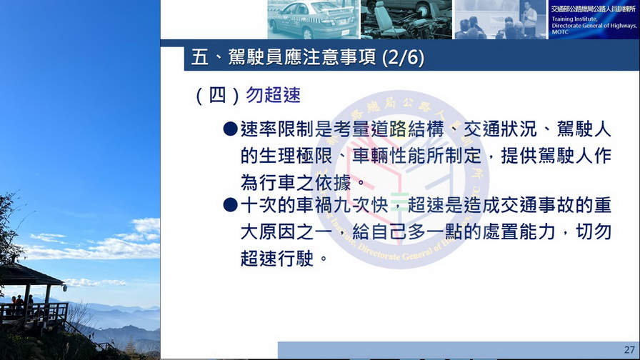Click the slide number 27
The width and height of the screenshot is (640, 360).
coord(629,350)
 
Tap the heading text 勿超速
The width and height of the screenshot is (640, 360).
coord(273,95)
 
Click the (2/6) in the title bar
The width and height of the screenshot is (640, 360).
coord(404,57)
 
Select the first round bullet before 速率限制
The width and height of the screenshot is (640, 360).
coord(230,129)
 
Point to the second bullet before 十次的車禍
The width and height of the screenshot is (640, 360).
coord(230,205)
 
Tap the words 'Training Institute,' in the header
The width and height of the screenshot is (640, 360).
coord(574,19)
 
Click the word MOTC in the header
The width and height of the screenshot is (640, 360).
coord(560,32)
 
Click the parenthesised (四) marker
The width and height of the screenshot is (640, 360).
coord(217,96)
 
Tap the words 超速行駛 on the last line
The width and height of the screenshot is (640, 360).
coord(277,259)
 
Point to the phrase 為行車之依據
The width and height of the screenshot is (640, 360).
coord(296,182)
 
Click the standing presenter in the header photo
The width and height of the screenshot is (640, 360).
coord(529,19)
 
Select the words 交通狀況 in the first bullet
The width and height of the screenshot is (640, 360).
coord(500,129)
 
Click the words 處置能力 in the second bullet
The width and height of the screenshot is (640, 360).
coord(519,232)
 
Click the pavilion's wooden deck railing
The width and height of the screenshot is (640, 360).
coord(34,312)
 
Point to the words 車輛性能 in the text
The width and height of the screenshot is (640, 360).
coord(389,156)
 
